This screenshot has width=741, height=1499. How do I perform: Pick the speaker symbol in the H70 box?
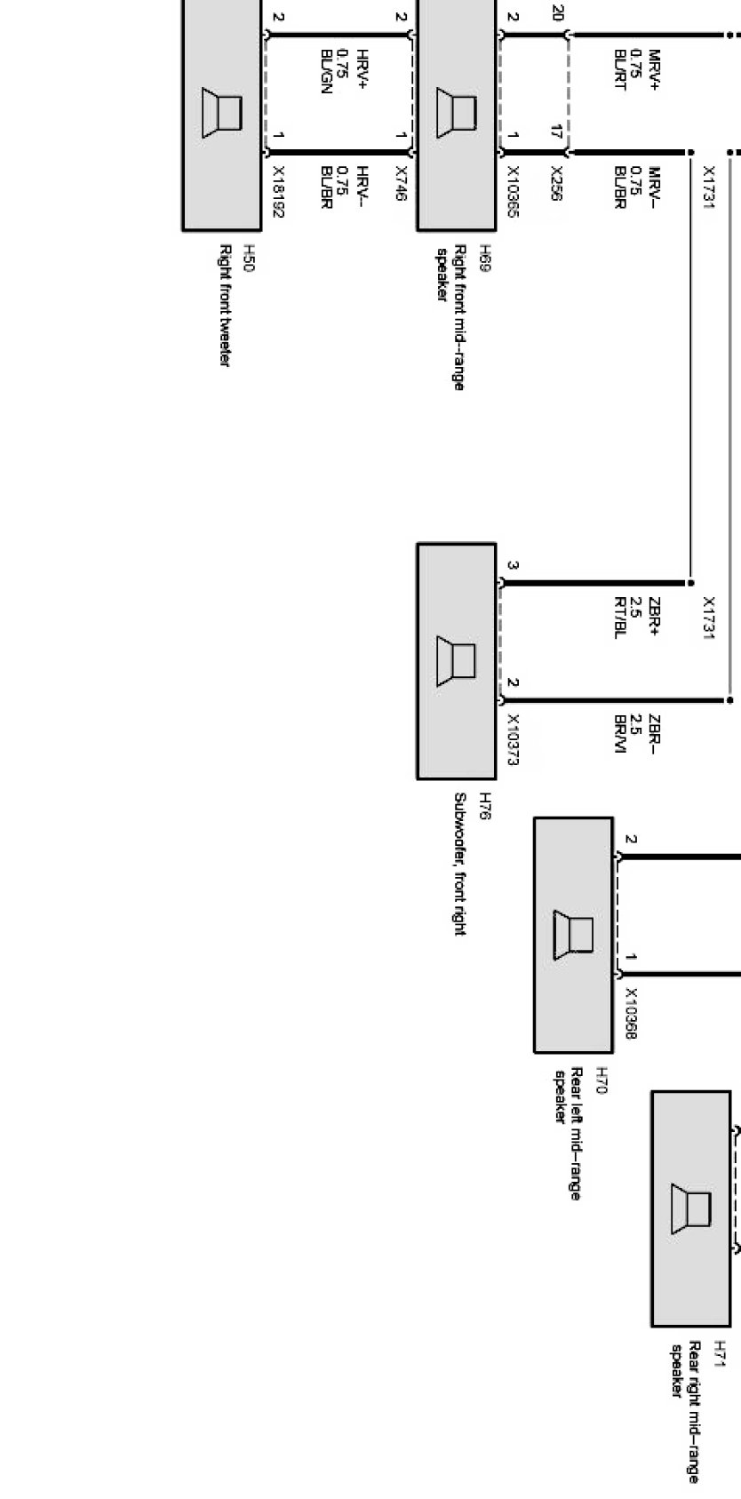pyautogui.click(x=573, y=935)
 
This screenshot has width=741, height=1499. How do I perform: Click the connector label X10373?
pyautogui.click(x=513, y=739)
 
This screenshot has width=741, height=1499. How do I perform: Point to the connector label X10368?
pyautogui.click(x=631, y=1013)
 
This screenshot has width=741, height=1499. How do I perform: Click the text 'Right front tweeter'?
pyautogui.click(x=223, y=306)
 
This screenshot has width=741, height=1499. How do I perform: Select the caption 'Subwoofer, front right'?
pyautogui.click(x=459, y=864)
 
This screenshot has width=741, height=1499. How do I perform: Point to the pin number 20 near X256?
pyautogui.click(x=557, y=13)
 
